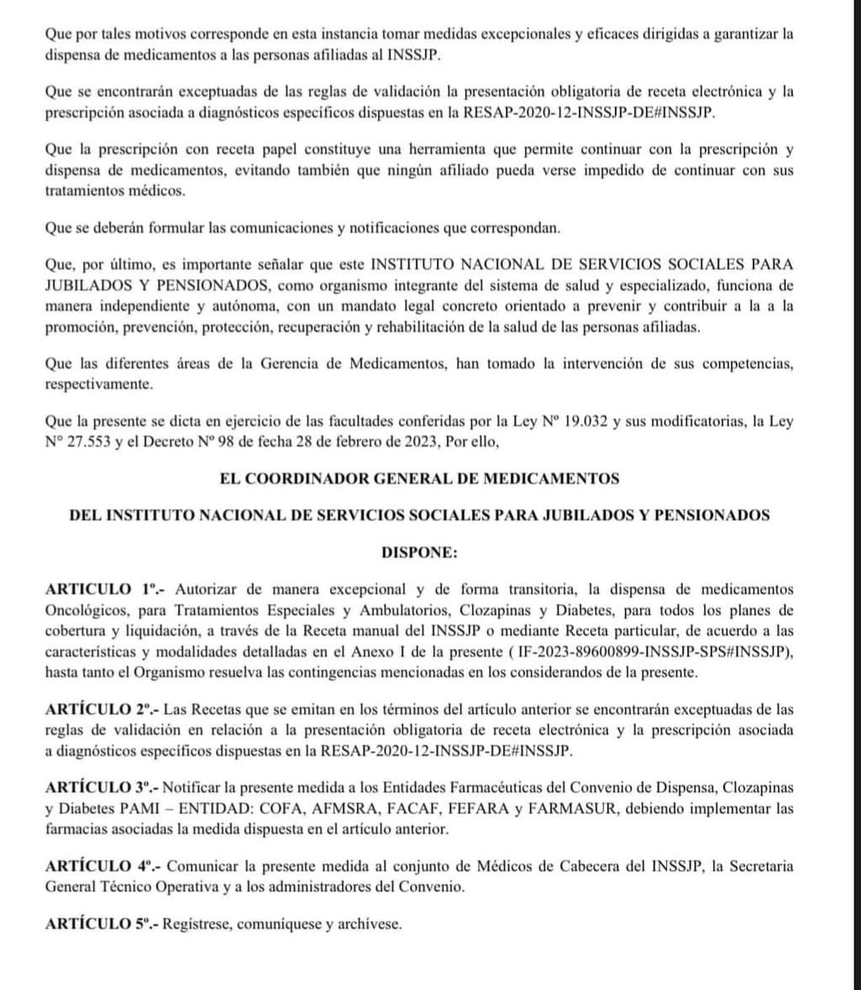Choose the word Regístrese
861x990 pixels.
[x=197, y=924]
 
